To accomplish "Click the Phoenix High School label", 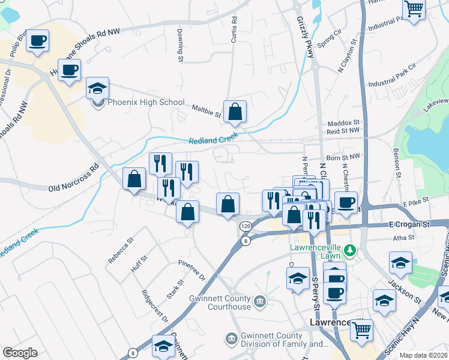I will coord(145,102).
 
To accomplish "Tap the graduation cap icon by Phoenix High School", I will coord(97,89).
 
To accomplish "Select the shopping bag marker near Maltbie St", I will coord(235,112).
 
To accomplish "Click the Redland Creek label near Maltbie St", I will coord(214,140).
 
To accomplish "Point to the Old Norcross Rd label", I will coord(73,178).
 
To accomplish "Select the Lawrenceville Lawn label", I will coord(315,251).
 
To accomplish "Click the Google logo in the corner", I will coord(20,353).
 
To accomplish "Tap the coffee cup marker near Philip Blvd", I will coord(37,41).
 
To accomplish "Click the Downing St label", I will coord(179,44).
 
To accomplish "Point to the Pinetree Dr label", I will coord(192,270).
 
